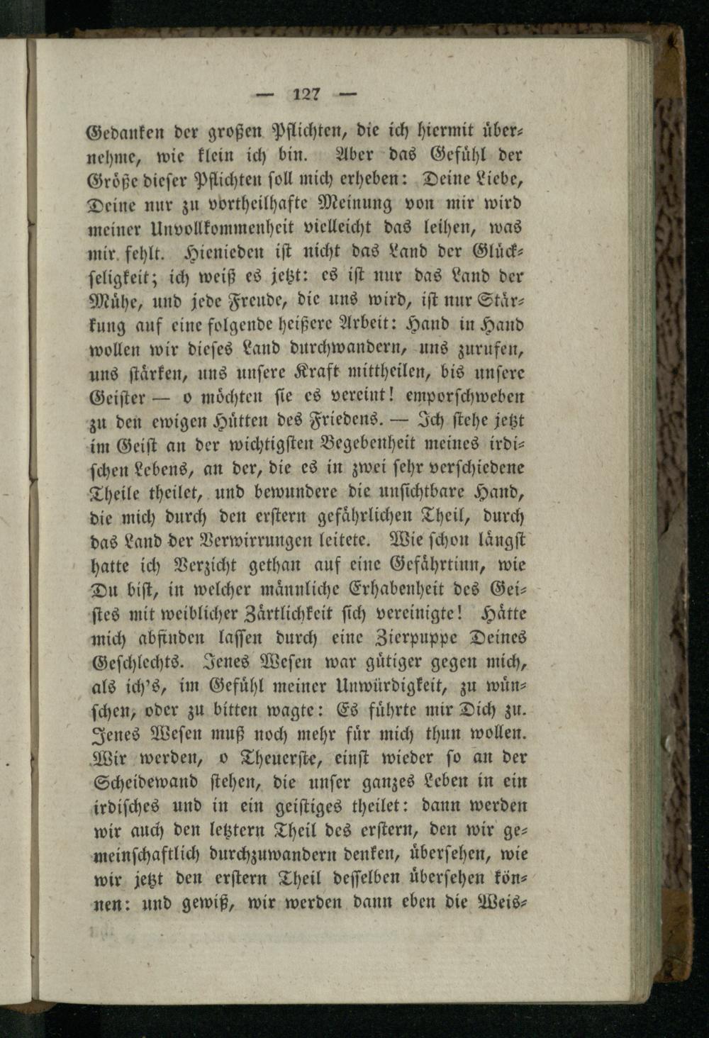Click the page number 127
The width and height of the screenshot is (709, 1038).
tap(307, 92)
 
